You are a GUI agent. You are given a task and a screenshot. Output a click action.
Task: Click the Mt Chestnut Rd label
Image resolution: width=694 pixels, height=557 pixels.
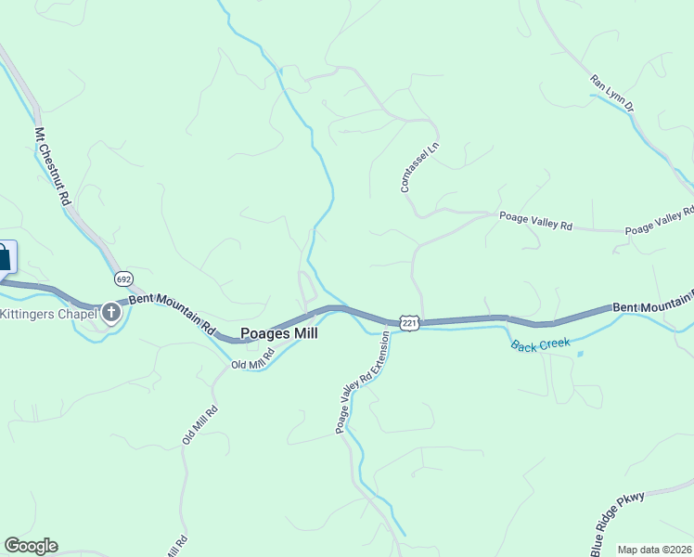pos(53,167)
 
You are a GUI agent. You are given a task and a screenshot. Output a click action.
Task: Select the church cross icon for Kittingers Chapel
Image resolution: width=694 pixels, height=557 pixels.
pos(111,312)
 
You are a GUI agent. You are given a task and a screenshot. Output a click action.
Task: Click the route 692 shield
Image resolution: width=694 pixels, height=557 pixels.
pos(124,278)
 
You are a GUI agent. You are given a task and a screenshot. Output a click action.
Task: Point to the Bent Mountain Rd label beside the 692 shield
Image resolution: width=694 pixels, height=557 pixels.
pos(172,314)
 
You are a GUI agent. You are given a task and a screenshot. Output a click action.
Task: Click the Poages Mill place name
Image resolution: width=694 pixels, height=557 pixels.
pos(279,333)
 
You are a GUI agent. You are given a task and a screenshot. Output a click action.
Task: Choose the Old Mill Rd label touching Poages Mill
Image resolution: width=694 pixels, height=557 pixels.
pos(252,359)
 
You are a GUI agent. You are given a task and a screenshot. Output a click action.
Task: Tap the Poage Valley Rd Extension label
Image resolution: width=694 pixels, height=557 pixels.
pos(363,382)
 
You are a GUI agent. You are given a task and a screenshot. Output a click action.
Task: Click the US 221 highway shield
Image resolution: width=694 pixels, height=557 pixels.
pos(409,322)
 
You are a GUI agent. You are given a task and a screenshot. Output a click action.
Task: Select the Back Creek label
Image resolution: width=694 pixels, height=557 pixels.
pos(540,343)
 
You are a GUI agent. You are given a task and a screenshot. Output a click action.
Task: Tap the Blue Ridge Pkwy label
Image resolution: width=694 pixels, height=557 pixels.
pos(616,523)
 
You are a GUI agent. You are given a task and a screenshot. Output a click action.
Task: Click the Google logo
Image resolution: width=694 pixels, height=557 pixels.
pos(31,546)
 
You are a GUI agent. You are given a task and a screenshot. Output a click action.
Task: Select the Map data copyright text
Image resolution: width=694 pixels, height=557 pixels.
pos(655,550)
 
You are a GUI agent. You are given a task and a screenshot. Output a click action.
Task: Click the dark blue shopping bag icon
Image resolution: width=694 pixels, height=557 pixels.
pos(5,256)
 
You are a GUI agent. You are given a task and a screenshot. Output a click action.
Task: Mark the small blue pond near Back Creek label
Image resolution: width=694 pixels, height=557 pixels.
pos(580,354)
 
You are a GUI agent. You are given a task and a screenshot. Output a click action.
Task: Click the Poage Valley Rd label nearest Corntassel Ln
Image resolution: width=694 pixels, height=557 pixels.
pos(536,221)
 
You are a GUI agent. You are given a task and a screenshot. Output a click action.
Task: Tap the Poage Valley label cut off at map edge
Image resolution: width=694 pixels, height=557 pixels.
pos(659,222)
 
